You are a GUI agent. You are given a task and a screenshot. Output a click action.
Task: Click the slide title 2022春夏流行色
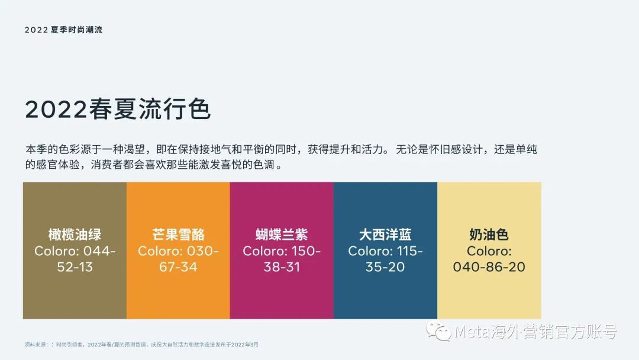point(118,110)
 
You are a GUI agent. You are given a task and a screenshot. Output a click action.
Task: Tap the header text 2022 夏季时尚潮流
point(63,30)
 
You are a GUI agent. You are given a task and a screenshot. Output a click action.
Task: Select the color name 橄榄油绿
point(75,234)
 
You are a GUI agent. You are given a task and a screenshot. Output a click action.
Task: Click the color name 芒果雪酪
point(178,234)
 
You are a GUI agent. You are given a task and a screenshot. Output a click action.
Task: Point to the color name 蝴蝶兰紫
point(282,234)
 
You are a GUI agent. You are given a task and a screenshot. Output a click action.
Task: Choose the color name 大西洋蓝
point(385,234)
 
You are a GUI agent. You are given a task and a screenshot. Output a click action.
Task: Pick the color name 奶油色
point(489,234)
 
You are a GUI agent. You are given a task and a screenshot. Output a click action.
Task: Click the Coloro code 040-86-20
point(489,267)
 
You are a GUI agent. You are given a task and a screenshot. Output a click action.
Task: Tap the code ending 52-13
point(75,267)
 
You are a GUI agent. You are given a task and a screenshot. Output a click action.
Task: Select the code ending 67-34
point(178,267)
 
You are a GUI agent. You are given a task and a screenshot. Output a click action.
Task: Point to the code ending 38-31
point(282,267)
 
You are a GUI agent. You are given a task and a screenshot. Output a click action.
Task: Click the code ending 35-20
point(385,267)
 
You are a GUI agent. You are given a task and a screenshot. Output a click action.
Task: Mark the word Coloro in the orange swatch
point(160,251)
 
